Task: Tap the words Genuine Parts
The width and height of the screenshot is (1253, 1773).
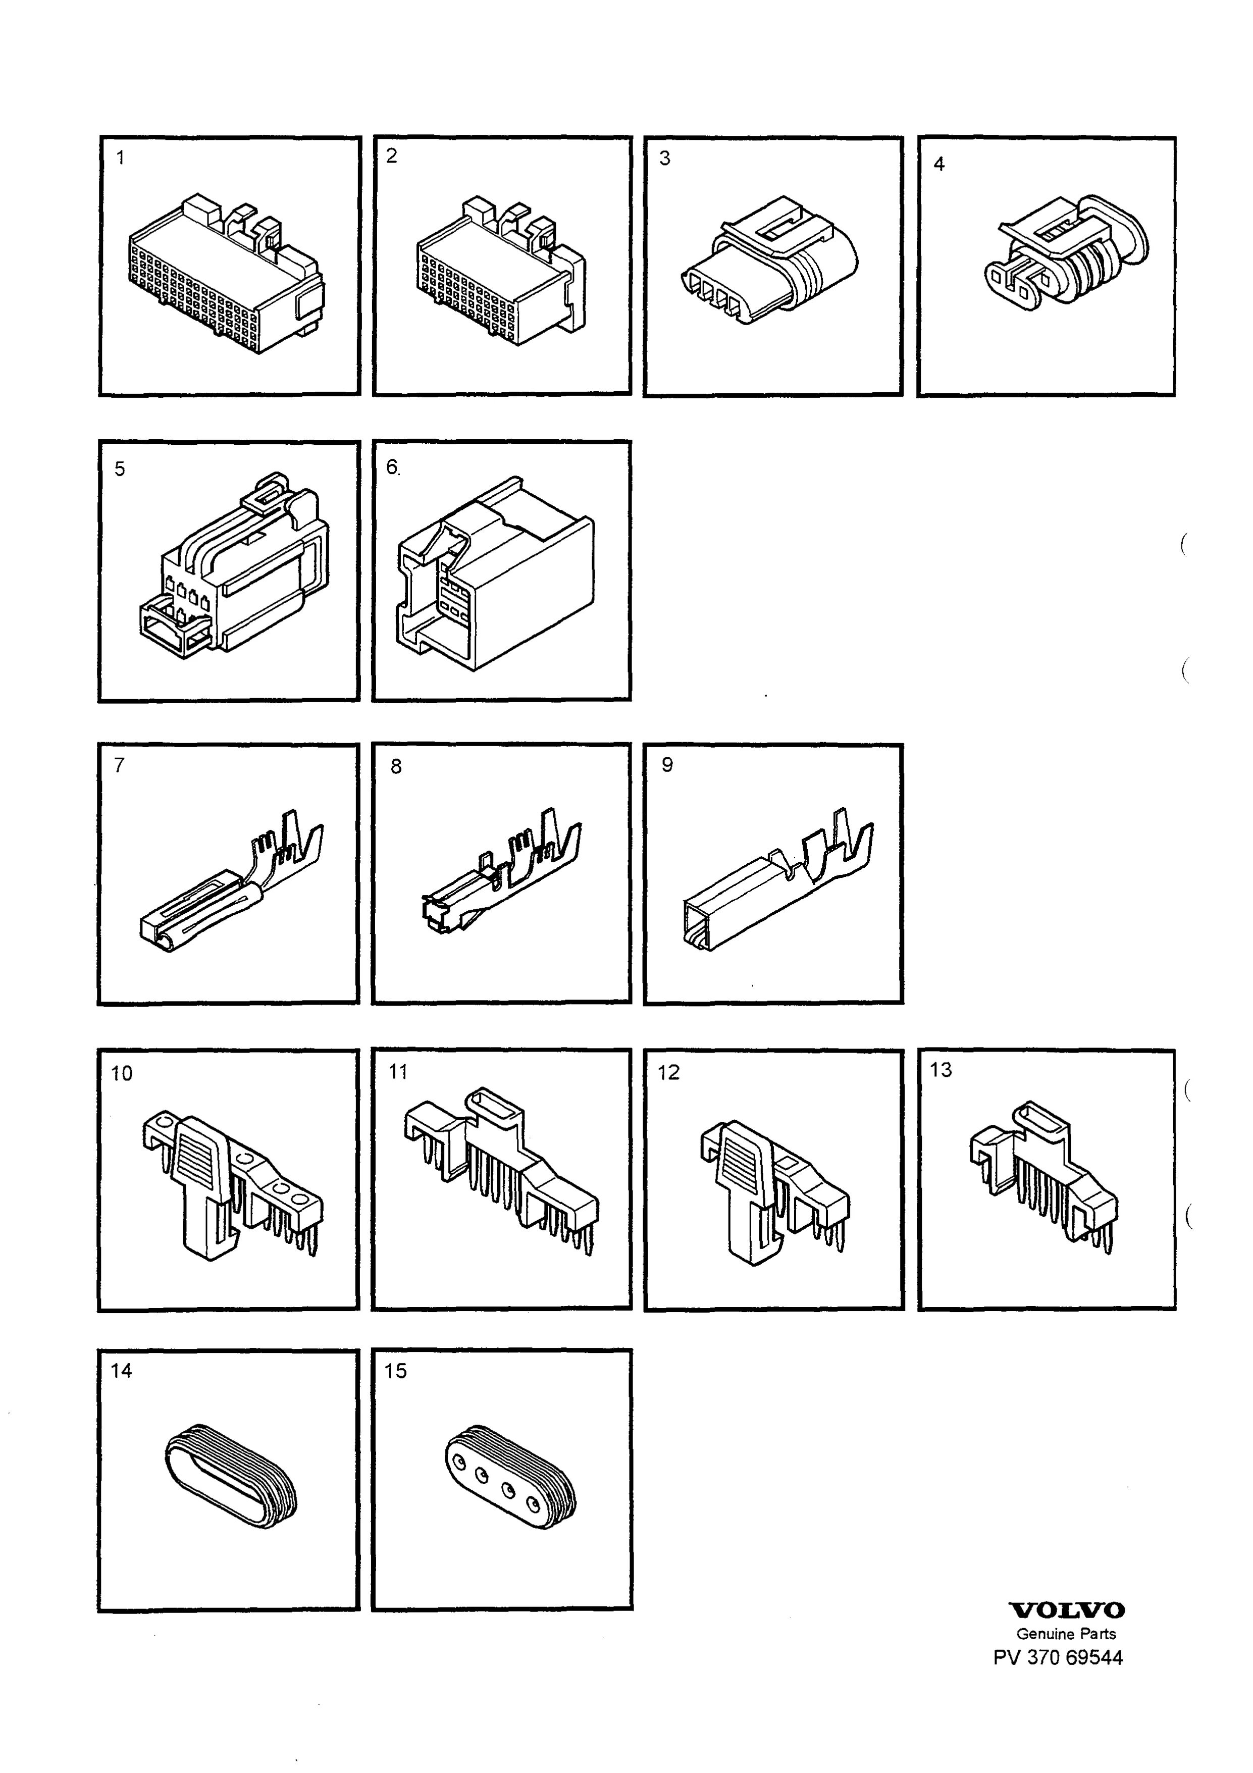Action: pyautogui.click(x=1066, y=1633)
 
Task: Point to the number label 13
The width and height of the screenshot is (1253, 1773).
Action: pyautogui.click(x=941, y=1070)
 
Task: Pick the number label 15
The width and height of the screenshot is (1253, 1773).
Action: pyautogui.click(x=395, y=1371)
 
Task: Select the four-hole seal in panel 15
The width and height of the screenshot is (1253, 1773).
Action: pyautogui.click(x=511, y=1476)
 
